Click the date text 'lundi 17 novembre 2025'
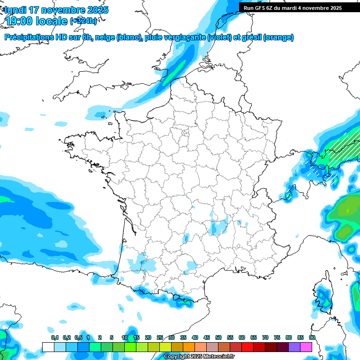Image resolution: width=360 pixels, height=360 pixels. click(56, 10)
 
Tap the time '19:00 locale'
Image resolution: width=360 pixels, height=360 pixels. click(36, 21)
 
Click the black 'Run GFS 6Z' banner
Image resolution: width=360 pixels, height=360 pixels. click(292, 7)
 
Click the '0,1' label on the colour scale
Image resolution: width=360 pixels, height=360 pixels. click(55, 337)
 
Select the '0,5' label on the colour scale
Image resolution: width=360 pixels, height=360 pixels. click(78, 337)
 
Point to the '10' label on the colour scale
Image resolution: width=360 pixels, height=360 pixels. click(124, 337)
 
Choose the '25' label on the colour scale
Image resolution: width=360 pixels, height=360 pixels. click(159, 337)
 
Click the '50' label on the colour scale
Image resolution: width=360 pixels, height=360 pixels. click(218, 337)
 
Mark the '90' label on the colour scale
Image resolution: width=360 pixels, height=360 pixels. click(312, 337)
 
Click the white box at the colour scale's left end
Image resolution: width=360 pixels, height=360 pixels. click(48, 347)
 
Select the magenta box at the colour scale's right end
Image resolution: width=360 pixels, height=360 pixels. click(306, 347)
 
